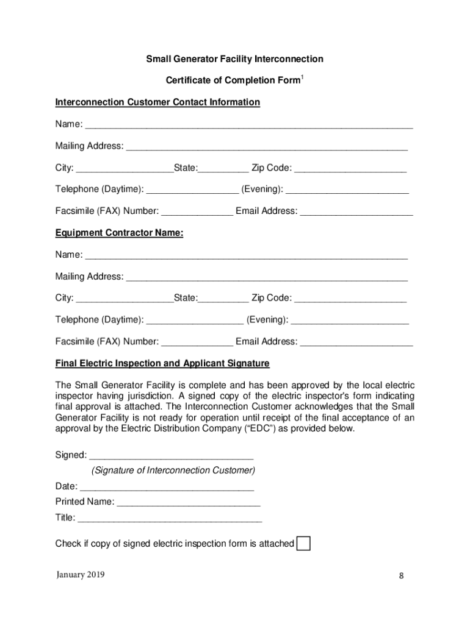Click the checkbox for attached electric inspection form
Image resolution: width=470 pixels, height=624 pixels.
tap(303, 544)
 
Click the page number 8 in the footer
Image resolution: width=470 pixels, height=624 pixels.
tap(402, 576)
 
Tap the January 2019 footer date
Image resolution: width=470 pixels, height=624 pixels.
tap(80, 574)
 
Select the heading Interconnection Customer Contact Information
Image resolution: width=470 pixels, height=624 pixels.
tap(157, 102)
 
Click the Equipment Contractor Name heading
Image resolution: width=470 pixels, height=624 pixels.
tap(119, 233)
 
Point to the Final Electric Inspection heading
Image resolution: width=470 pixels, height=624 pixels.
tap(162, 363)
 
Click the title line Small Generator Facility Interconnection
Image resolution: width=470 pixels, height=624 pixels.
tap(234, 59)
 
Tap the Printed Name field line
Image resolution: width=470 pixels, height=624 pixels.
tap(188, 502)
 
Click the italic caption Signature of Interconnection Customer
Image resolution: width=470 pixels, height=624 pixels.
tap(173, 470)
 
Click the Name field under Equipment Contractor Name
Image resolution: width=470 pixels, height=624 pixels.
tap(246, 255)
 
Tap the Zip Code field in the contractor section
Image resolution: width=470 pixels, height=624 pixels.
tap(350, 299)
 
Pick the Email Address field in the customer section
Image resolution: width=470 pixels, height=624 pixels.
tap(356, 212)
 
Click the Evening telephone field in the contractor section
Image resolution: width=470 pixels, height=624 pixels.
tap(350, 321)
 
